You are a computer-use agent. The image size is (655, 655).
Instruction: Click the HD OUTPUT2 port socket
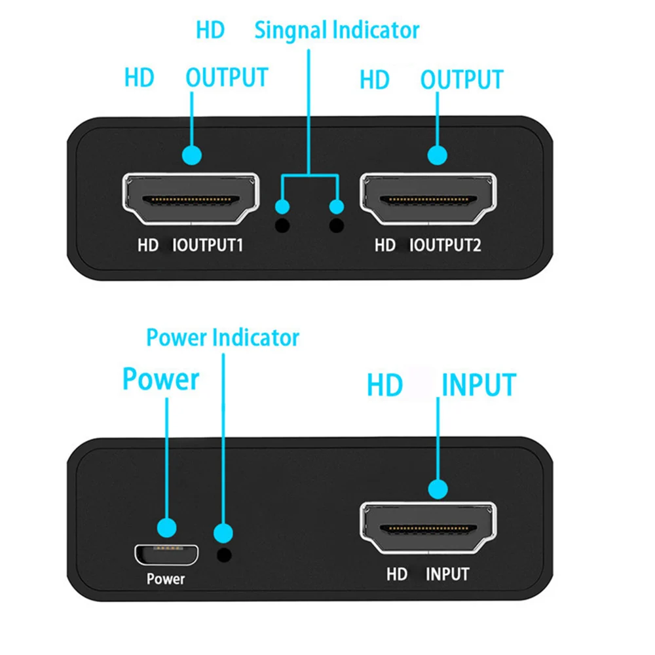428,199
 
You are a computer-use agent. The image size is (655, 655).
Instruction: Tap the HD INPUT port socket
428,529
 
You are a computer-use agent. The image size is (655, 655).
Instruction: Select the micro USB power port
167,554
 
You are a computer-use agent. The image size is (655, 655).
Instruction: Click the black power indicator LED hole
224,555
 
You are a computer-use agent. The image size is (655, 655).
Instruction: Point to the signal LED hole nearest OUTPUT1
282,226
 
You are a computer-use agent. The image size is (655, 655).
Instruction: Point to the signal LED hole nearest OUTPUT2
337,226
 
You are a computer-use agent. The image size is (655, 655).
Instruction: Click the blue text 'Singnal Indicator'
337,30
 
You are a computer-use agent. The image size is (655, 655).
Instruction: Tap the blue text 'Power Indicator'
223,338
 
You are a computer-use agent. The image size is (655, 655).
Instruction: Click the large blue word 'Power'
160,380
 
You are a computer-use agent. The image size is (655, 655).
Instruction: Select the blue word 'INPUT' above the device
479,384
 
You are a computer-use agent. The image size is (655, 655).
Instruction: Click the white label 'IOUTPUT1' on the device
207,246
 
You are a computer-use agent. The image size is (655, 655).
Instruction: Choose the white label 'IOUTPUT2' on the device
445,246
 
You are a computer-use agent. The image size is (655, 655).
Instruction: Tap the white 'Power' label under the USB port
166,579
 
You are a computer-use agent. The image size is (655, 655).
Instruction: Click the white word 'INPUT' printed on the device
448,574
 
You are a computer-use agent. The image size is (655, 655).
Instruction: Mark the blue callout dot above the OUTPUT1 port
192,155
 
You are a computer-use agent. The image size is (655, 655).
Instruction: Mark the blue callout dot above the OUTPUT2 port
438,155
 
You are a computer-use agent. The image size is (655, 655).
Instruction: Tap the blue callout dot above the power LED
224,532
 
